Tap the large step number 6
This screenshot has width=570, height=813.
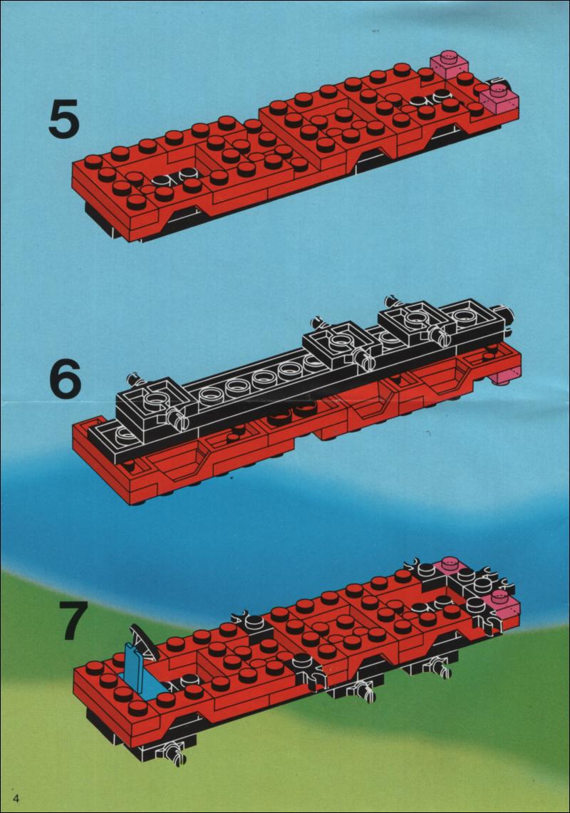click(x=66, y=378)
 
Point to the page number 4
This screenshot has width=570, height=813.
click(x=19, y=797)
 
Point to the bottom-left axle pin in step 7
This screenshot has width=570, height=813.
click(x=173, y=751)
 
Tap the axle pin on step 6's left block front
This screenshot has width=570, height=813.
click(x=177, y=415)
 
